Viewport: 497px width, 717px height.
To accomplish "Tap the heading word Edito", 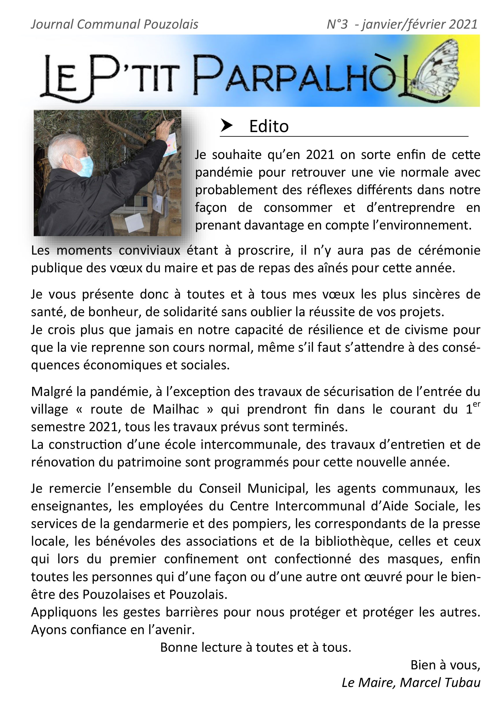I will pos(269,126).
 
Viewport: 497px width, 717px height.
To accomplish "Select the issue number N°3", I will pos(337,24).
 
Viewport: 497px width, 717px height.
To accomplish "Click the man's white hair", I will pos(61,147).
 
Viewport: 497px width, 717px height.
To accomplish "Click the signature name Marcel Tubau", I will pos(440,682).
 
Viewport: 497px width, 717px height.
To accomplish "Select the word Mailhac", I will pos(176,409).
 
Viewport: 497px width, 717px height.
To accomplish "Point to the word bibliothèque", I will pos(353,541).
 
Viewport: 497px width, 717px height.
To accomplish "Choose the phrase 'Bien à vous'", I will pos(445,665).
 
